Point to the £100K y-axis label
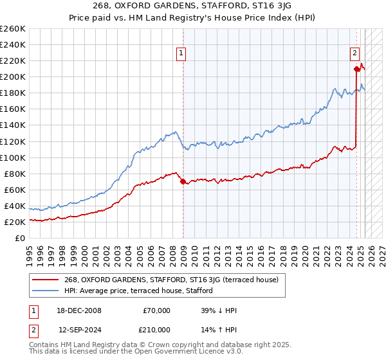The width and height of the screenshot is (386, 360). click(x=13, y=157)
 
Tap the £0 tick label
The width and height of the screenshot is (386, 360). click(x=20, y=238)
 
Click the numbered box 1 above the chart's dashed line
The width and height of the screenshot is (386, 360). click(x=181, y=54)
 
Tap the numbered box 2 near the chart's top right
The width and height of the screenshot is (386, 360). click(x=354, y=54)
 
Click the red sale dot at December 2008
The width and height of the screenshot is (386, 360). click(x=183, y=181)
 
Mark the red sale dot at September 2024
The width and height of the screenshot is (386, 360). click(x=356, y=68)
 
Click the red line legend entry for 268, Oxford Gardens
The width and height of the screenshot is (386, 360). click(x=170, y=280)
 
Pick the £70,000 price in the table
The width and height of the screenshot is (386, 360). click(x=156, y=310)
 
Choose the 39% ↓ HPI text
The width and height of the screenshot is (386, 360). click(x=219, y=310)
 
